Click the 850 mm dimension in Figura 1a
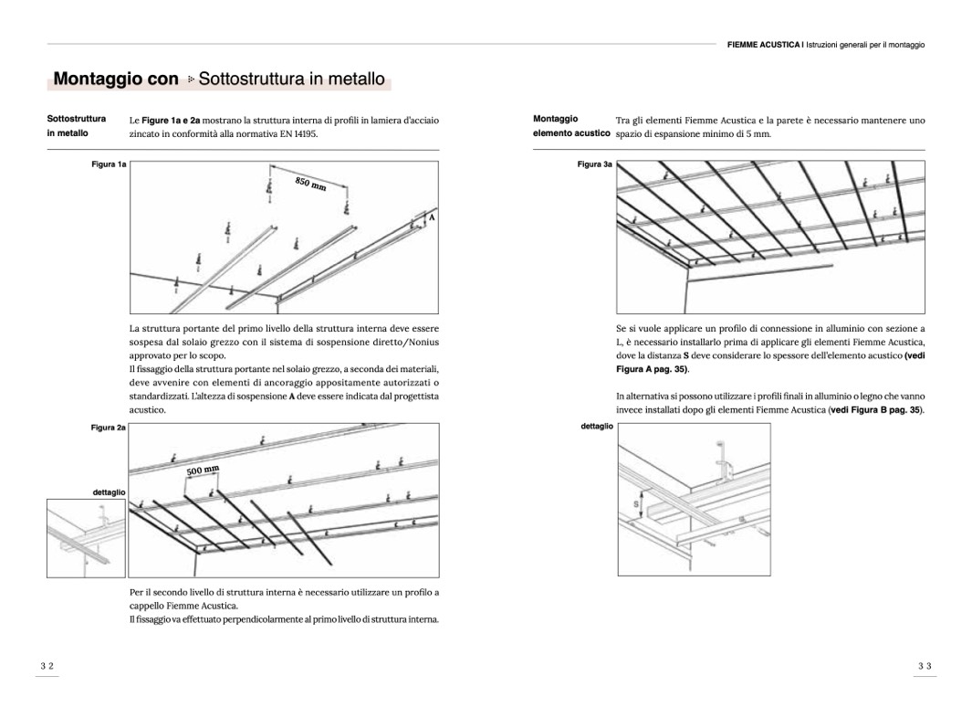click(x=310, y=185)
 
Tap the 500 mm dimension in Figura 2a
click(x=204, y=470)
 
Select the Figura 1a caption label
click(x=110, y=164)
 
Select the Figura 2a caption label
click(x=109, y=428)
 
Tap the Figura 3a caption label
click(x=595, y=164)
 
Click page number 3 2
click(x=47, y=667)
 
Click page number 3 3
click(x=924, y=667)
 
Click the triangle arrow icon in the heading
click(x=191, y=80)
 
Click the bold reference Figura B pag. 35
click(x=876, y=410)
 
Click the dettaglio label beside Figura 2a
click(x=109, y=491)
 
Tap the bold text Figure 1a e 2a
click(x=172, y=120)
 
